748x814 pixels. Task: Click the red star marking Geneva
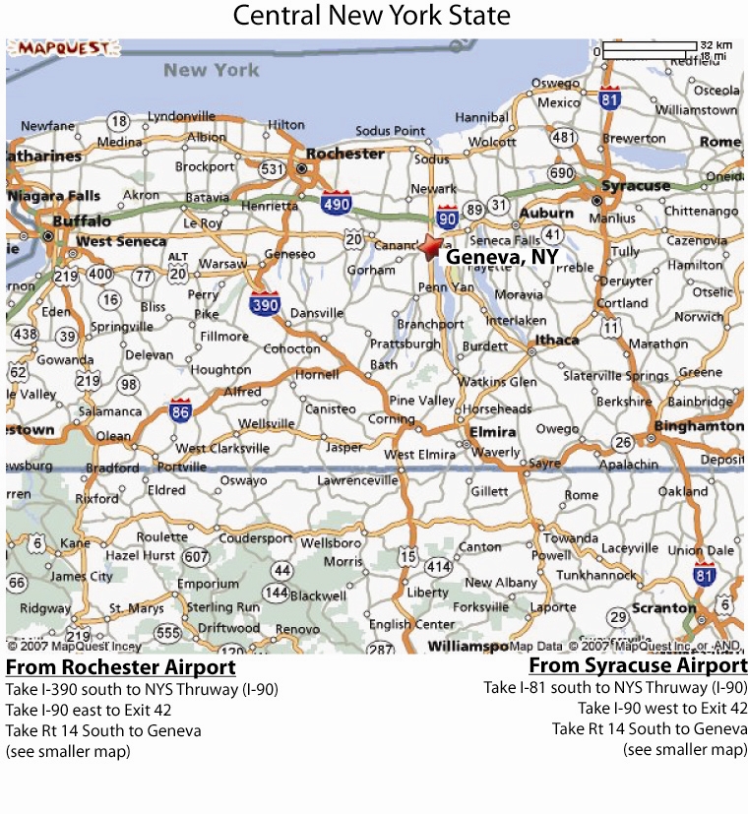pyautogui.click(x=430, y=246)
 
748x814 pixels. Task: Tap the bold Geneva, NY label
pyautogui.click(x=502, y=257)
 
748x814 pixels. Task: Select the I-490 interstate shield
pyautogui.click(x=335, y=202)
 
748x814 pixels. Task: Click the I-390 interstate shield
pyautogui.click(x=266, y=304)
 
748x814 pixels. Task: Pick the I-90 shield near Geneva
pyautogui.click(x=448, y=216)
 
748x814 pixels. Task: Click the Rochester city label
pyautogui.click(x=344, y=154)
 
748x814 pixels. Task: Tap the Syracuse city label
pyautogui.click(x=636, y=185)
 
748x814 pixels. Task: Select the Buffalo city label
pyautogui.click(x=82, y=221)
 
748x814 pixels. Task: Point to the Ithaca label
pyautogui.click(x=557, y=341)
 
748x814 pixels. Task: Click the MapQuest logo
pyautogui.click(x=51, y=48)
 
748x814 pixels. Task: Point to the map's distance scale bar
pyautogui.click(x=649, y=47)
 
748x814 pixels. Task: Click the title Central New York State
pyautogui.click(x=372, y=16)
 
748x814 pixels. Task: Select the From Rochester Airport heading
pyautogui.click(x=120, y=668)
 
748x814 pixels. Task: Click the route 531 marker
pyautogui.click(x=273, y=169)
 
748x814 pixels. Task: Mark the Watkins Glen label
pyautogui.click(x=500, y=382)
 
